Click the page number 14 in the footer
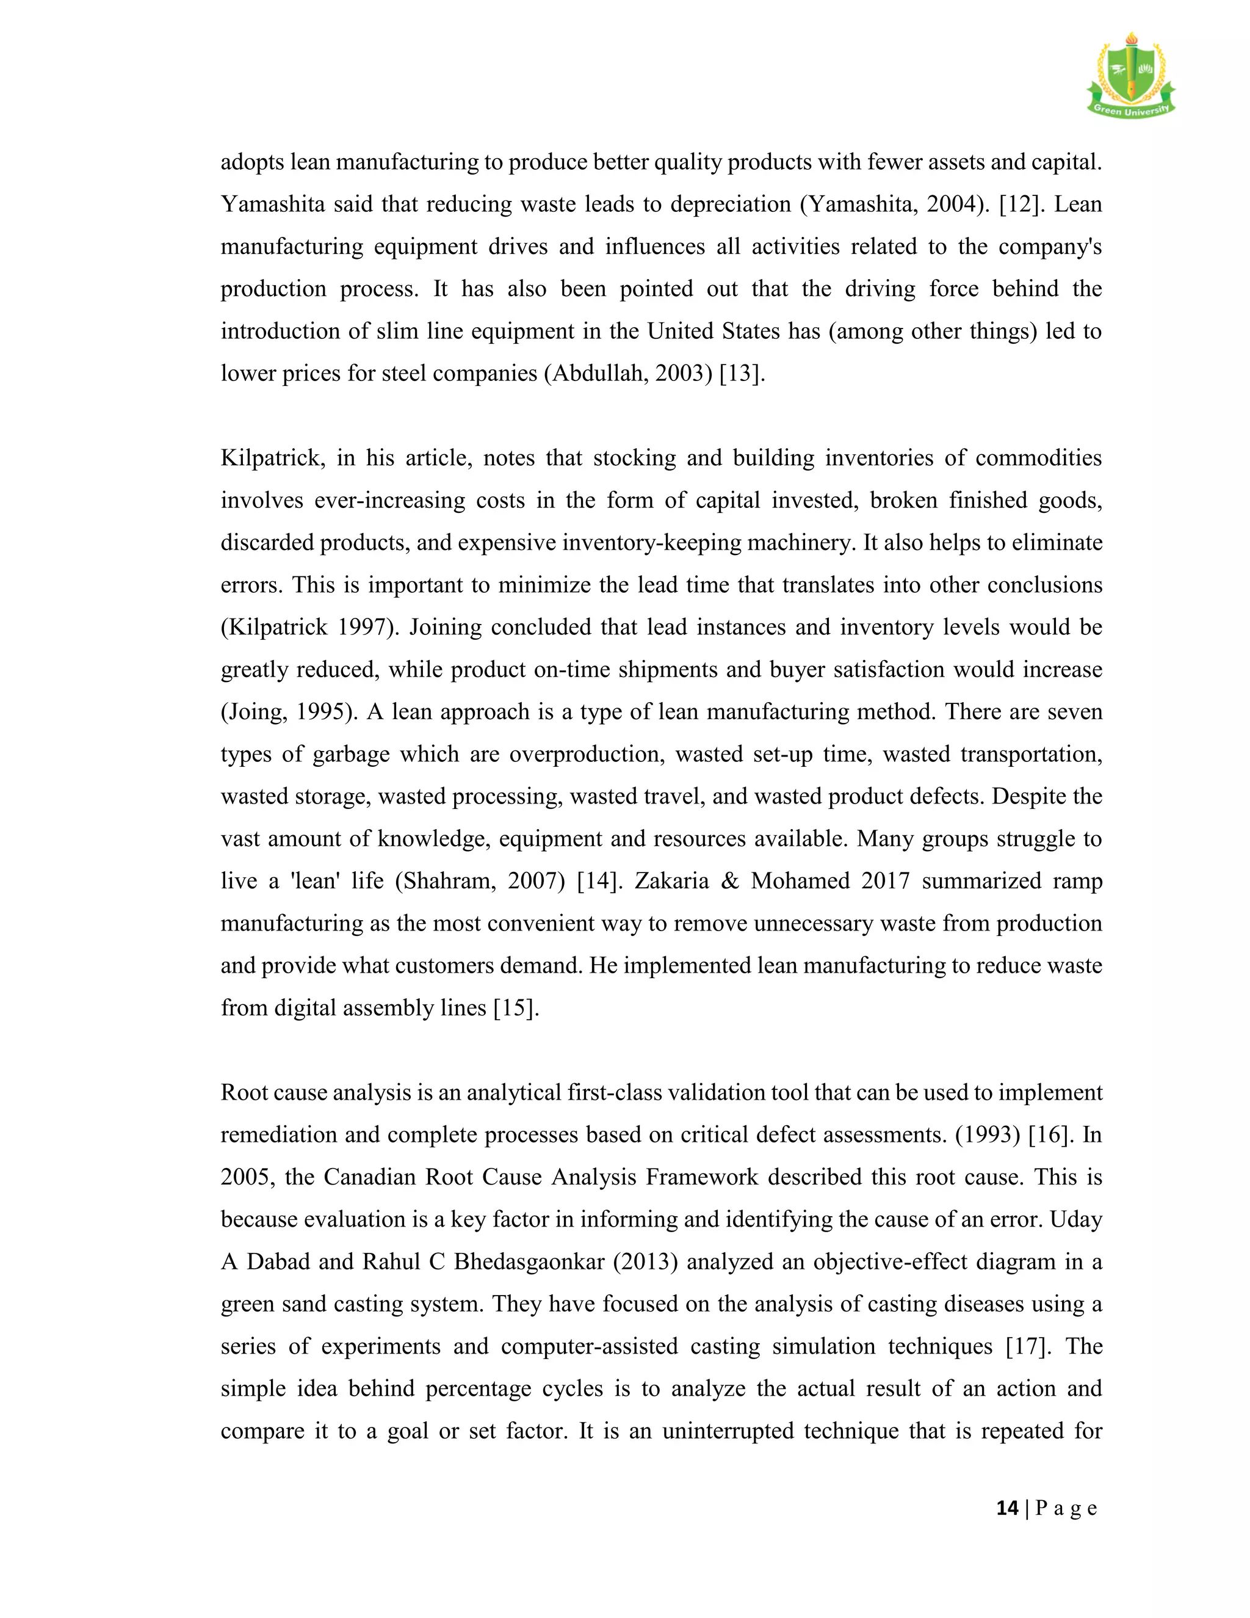(x=1007, y=1507)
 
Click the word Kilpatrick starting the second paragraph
(x=272, y=459)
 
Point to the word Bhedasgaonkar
(x=529, y=1261)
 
